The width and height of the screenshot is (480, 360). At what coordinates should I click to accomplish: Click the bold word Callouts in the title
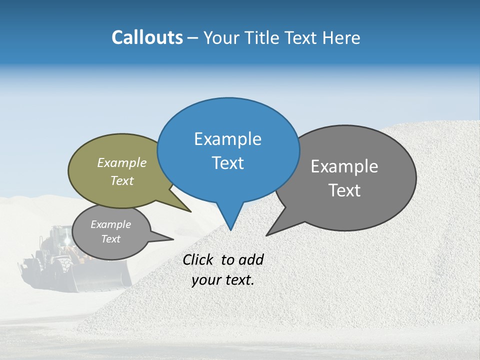pyautogui.click(x=147, y=37)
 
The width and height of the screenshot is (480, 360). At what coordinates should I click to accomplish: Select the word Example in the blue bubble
pyautogui.click(x=227, y=139)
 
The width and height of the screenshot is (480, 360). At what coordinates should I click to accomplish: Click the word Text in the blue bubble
pyautogui.click(x=227, y=163)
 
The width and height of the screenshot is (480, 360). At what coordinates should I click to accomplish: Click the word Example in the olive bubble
pyautogui.click(x=121, y=163)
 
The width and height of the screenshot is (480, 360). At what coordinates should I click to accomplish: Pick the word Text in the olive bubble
pyautogui.click(x=121, y=181)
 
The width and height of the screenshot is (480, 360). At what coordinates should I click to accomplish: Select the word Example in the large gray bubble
pyautogui.click(x=344, y=166)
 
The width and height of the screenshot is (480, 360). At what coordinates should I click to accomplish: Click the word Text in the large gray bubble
pyautogui.click(x=344, y=190)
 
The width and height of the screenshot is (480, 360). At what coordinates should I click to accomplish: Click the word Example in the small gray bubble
pyautogui.click(x=110, y=225)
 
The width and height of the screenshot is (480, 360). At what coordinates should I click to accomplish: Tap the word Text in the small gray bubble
pyautogui.click(x=110, y=239)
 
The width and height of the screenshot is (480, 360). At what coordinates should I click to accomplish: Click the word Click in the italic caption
pyautogui.click(x=199, y=260)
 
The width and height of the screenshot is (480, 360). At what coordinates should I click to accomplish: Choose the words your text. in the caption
pyautogui.click(x=222, y=280)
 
